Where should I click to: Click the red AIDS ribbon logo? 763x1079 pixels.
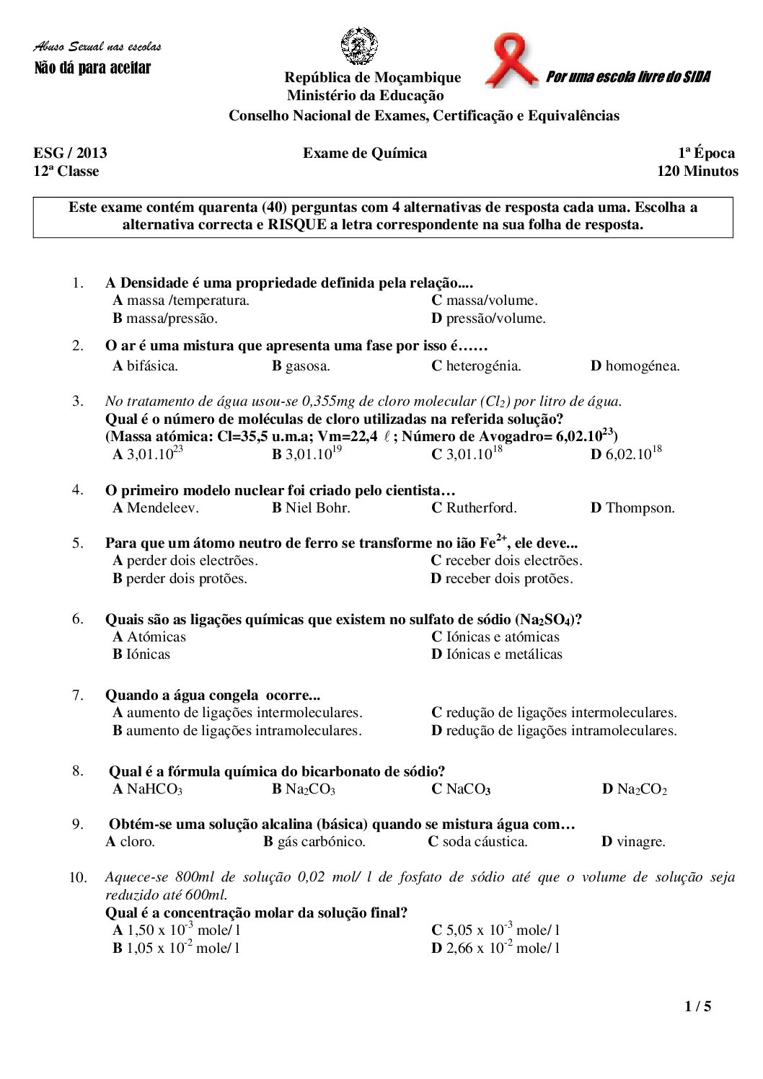tap(511, 61)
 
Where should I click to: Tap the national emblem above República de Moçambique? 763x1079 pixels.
tap(359, 46)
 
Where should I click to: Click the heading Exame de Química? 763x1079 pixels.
tap(365, 153)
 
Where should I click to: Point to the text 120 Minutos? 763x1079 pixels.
tap(697, 172)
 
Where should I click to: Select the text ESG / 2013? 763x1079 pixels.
tap(70, 153)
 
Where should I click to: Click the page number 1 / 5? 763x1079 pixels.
tap(697, 1006)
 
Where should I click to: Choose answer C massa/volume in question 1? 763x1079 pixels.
tap(485, 301)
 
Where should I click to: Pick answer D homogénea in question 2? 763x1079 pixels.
tap(635, 366)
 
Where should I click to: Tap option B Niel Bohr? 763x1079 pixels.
tap(311, 508)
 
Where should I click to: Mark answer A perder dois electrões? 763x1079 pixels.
tap(185, 561)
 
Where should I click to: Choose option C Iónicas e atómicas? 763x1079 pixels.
tap(495, 637)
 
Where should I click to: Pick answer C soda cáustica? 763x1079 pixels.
tap(477, 842)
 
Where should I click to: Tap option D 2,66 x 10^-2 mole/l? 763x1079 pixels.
tap(495, 949)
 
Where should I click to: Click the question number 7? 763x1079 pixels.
tap(77, 696)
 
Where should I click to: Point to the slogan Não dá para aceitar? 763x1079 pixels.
tap(93, 68)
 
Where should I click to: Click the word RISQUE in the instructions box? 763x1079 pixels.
tap(298, 225)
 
